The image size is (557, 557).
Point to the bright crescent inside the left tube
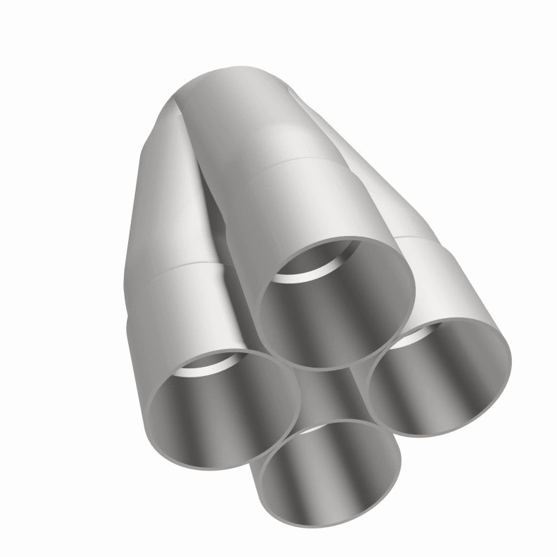coord(205,366)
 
